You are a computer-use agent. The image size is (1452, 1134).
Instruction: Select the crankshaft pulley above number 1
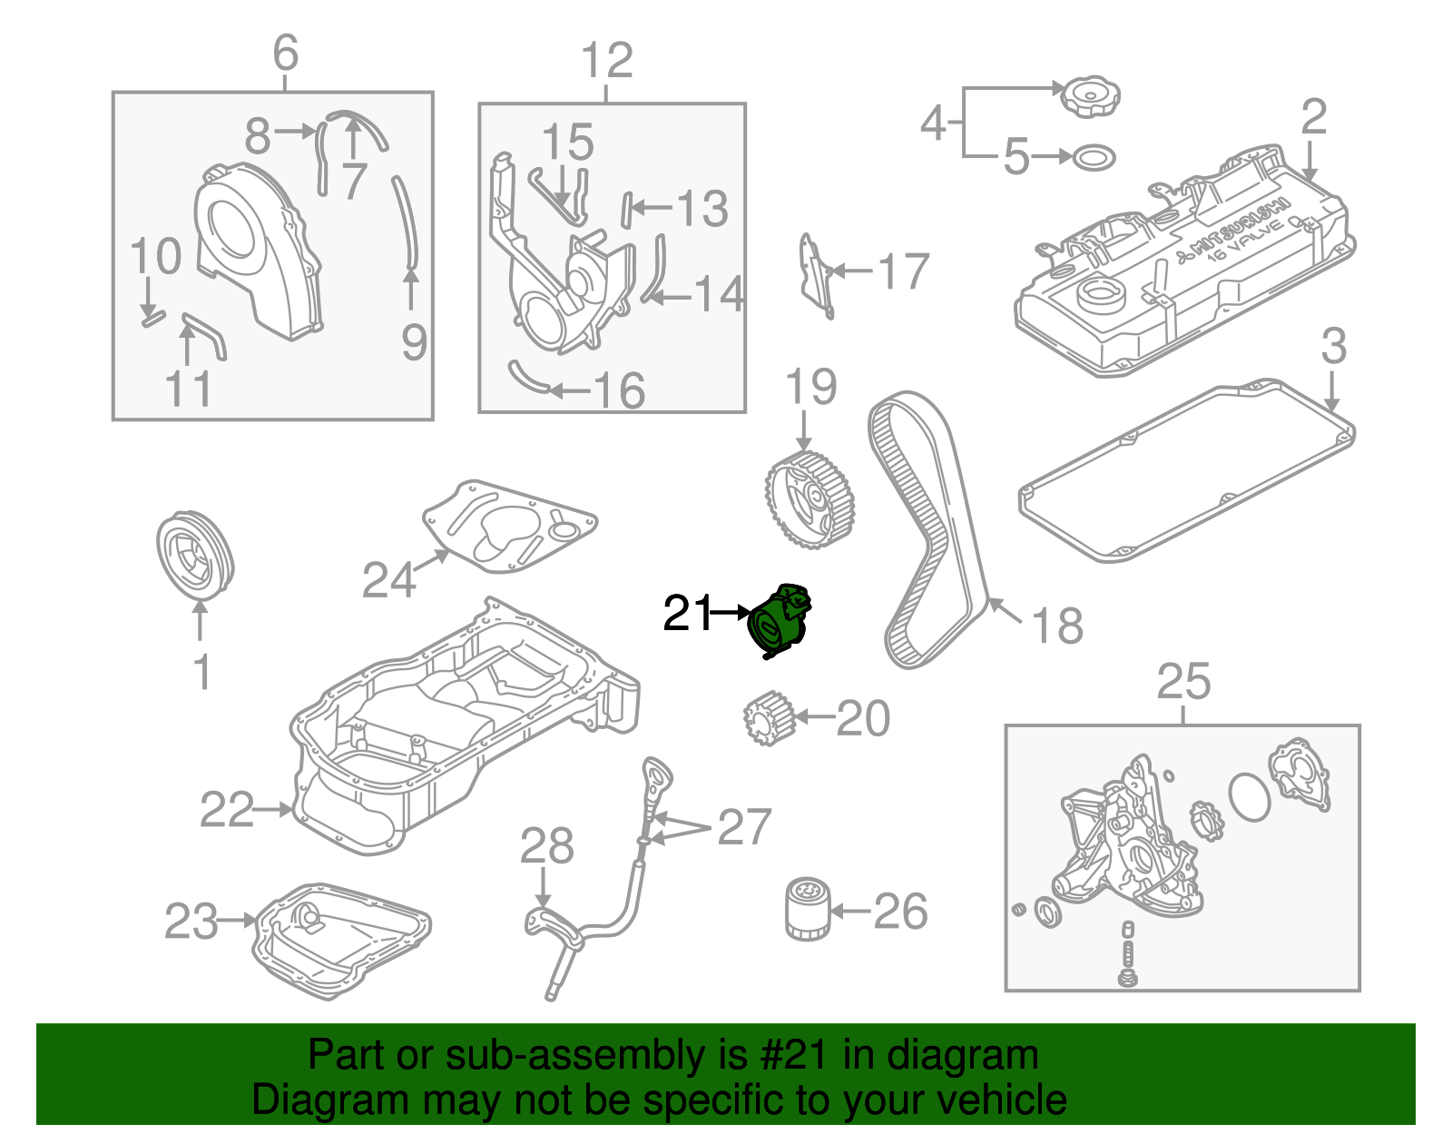pos(195,557)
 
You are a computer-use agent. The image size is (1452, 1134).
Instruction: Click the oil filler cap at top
pos(1090,98)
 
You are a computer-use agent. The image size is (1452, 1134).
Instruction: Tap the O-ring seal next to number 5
pos(1094,157)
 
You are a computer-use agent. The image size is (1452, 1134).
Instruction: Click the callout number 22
pos(227,810)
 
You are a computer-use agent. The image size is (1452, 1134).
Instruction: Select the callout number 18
pos(1057,626)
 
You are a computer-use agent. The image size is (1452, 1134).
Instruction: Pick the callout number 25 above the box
pos(1183,682)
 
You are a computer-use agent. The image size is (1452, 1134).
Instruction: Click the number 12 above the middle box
pos(607,60)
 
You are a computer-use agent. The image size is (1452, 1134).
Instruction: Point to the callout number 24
pos(389,579)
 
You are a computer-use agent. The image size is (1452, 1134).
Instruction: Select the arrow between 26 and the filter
pos(850,910)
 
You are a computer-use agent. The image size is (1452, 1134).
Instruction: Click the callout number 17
pos(903,271)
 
